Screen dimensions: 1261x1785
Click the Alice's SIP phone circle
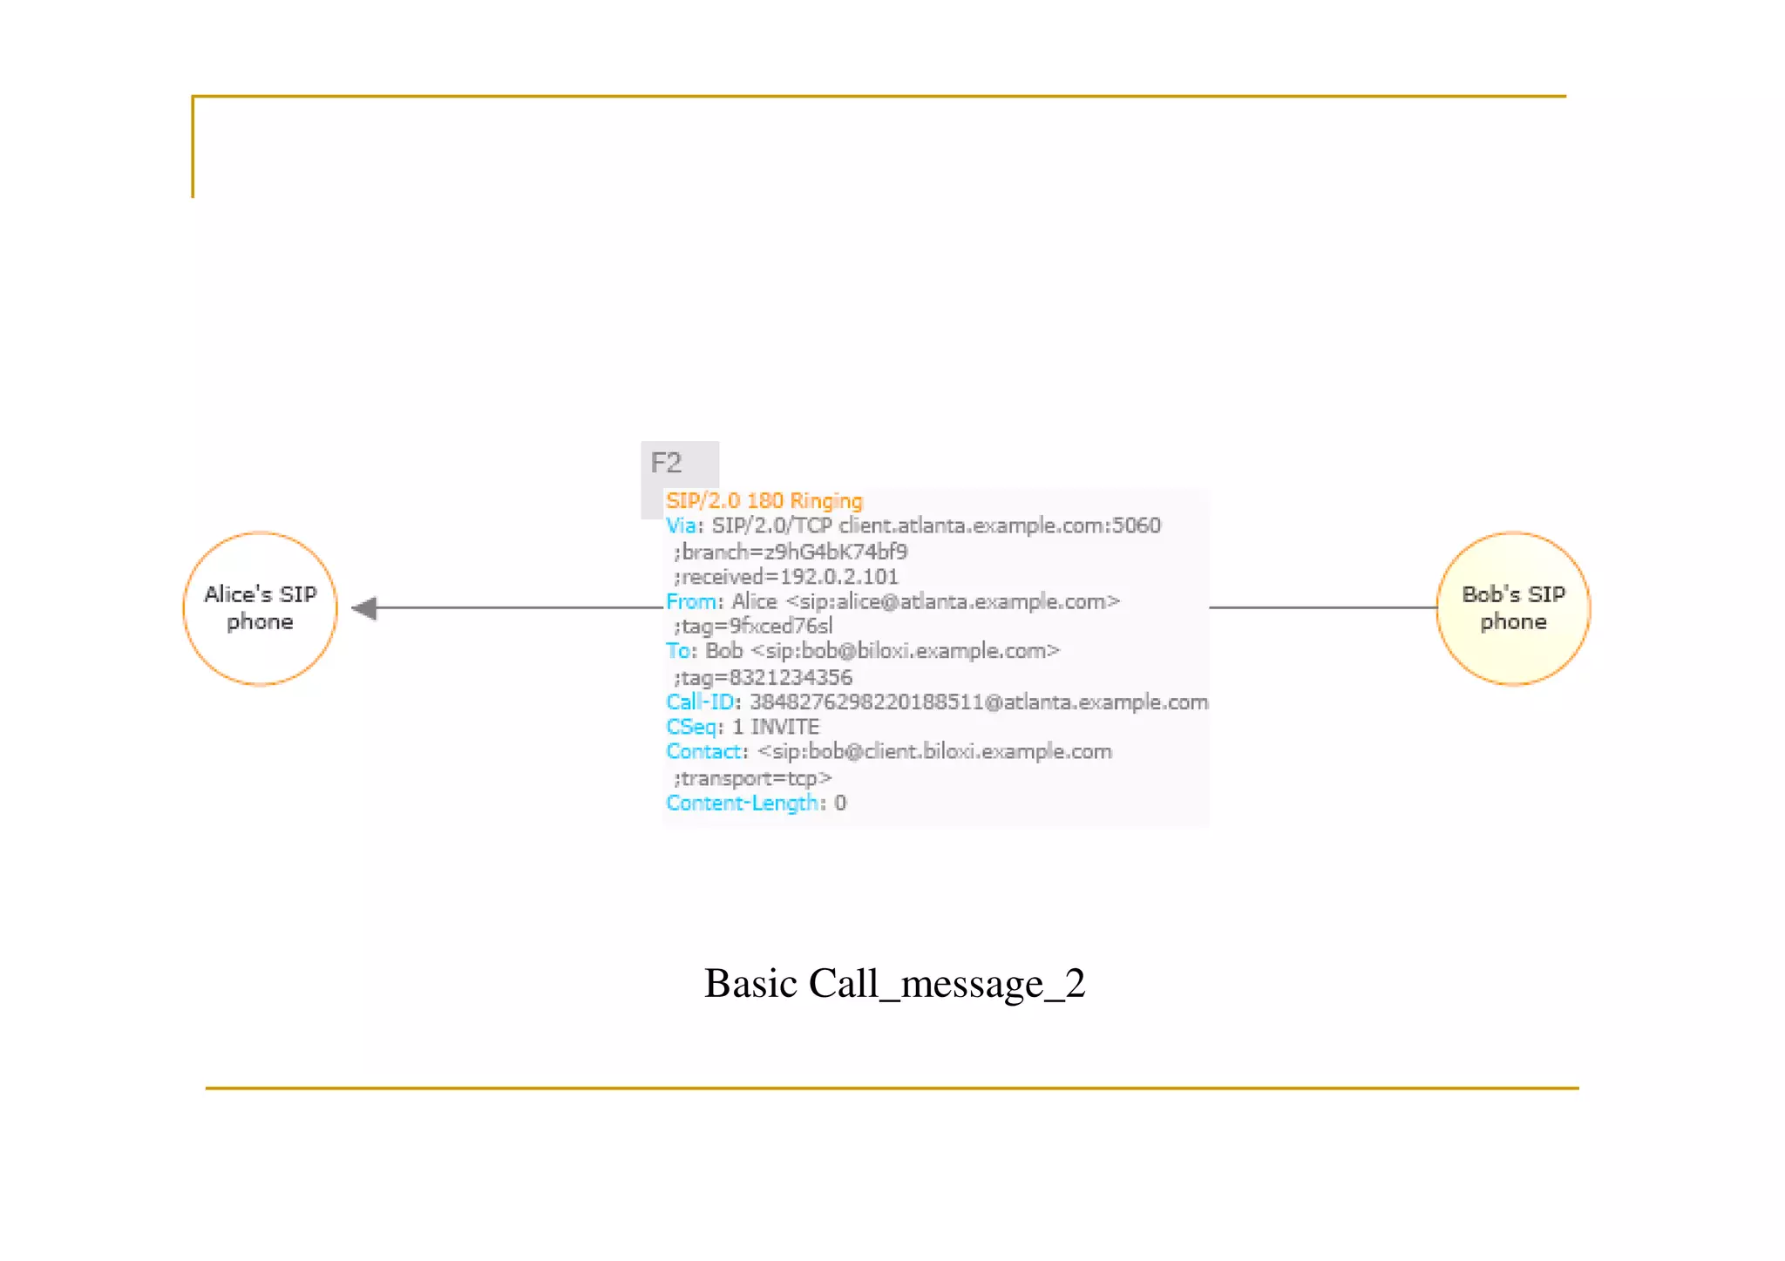tap(260, 608)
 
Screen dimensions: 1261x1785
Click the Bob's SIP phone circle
tap(1513, 608)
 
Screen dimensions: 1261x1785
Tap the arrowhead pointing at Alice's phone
tap(365, 608)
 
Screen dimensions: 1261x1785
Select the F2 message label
tap(667, 463)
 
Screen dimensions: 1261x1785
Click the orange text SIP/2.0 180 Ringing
tap(764, 501)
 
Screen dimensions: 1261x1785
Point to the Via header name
tap(682, 526)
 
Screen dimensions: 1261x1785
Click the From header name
tap(692, 602)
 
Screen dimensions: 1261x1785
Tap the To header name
tap(679, 652)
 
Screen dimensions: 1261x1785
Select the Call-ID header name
tap(700, 702)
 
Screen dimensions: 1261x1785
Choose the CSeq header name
tap(692, 728)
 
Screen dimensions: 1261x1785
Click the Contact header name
tap(705, 752)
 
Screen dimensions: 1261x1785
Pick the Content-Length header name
tap(742, 803)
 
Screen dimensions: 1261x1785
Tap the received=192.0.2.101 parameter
tap(787, 577)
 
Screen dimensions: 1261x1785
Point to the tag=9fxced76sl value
tap(755, 627)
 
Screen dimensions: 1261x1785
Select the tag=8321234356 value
tap(764, 678)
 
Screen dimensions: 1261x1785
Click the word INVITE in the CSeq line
tap(784, 728)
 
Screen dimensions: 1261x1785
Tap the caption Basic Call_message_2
tap(894, 984)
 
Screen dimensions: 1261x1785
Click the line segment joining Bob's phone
tap(1322, 607)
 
